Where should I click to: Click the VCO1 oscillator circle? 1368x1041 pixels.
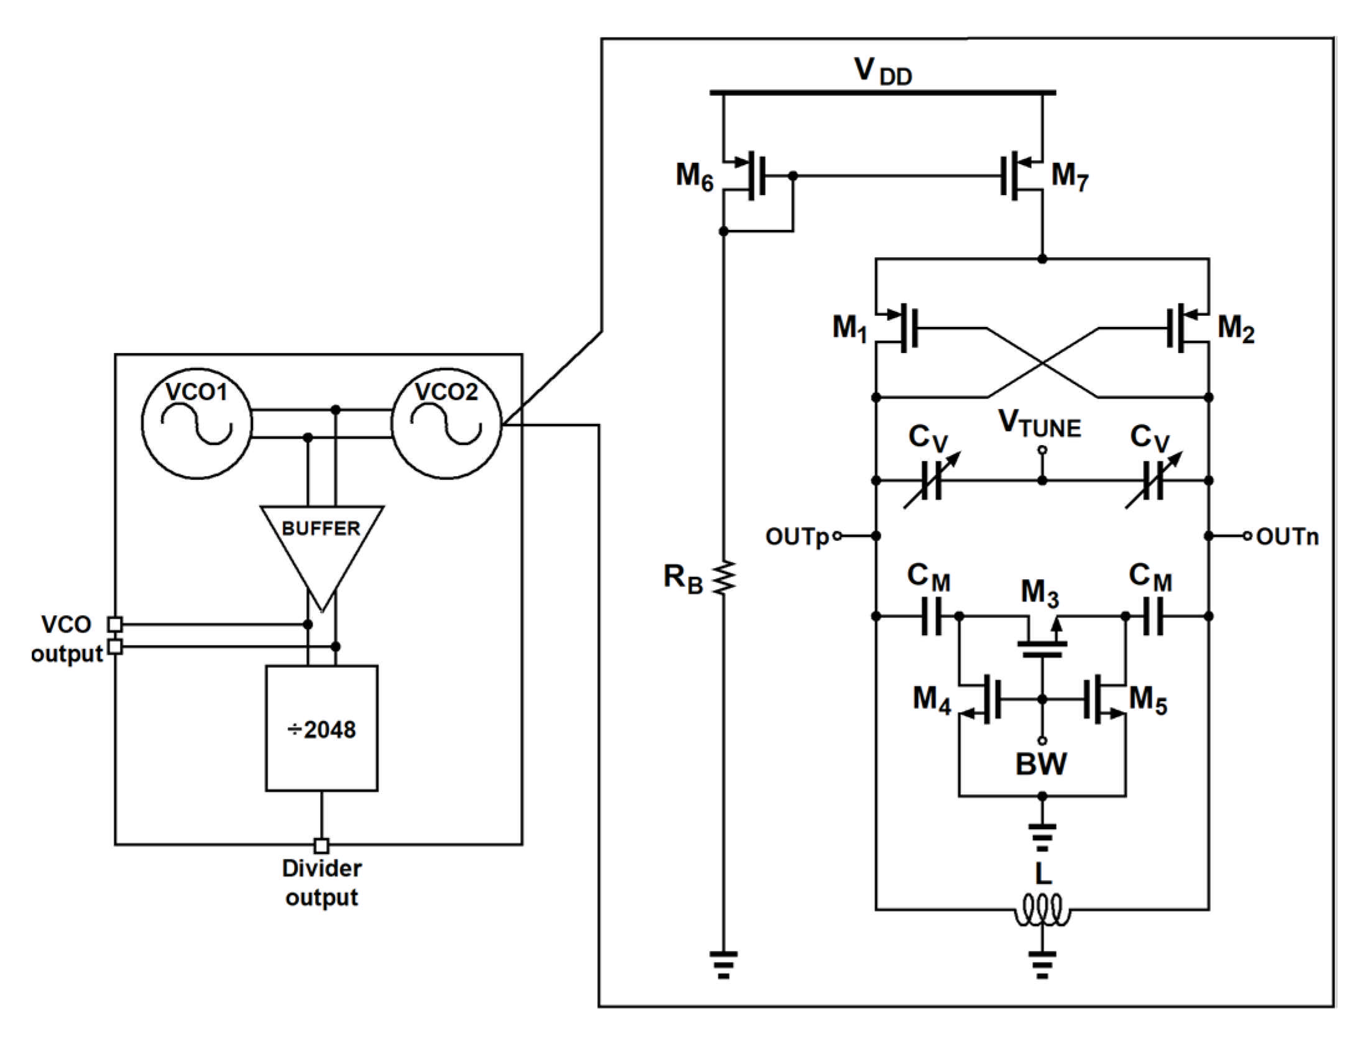197,423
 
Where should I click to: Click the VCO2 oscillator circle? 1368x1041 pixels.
446,423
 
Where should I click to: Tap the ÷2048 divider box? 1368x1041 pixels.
321,728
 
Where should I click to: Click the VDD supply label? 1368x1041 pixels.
883,71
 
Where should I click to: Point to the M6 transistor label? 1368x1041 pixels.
694,176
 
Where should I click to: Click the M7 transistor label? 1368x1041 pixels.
1069,176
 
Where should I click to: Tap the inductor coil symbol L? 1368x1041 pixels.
1042,912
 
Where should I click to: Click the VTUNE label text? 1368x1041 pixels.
1039,424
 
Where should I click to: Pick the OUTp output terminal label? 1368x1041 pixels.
797,536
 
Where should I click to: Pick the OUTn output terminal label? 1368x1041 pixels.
1287,536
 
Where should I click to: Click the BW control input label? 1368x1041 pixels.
1041,764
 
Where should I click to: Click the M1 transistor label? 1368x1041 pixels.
849,328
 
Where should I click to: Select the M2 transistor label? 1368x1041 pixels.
1236,328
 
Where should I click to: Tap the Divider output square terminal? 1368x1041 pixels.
321,846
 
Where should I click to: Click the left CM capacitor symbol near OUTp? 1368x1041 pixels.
931,617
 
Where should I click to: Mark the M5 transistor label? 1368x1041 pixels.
1147,699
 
